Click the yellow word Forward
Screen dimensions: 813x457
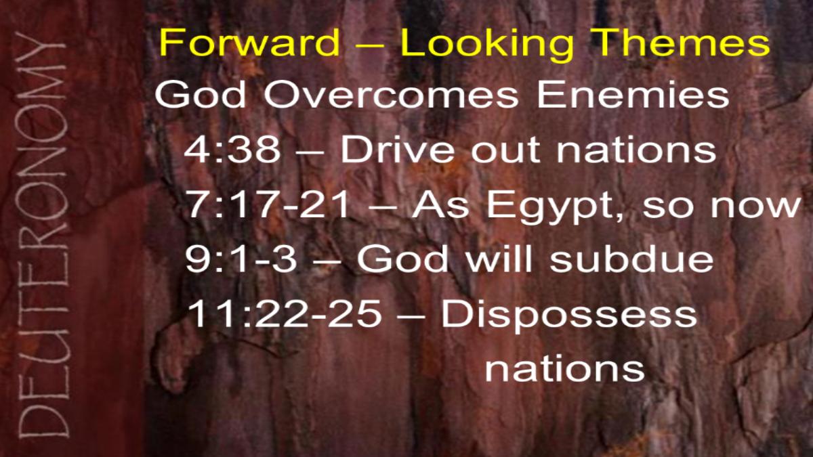point(249,43)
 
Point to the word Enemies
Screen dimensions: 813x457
point(633,94)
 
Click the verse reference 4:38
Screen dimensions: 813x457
point(232,149)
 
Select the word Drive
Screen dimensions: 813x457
point(398,149)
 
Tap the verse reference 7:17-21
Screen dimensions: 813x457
point(268,204)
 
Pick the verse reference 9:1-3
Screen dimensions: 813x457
point(241,259)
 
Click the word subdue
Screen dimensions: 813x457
point(631,259)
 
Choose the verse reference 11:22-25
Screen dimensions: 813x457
point(285,313)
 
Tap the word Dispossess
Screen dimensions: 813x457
point(569,316)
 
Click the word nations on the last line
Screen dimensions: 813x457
point(565,369)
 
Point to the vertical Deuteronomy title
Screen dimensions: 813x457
point(43,235)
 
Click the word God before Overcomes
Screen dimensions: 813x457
point(201,94)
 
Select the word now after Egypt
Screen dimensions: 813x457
point(755,207)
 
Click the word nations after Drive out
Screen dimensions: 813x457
point(637,150)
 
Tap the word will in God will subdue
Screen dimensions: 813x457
point(499,259)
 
